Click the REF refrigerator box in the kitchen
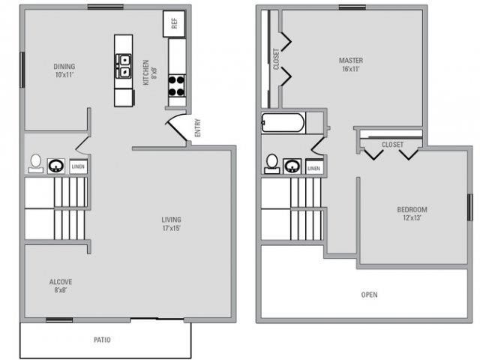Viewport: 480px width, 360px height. click(x=174, y=23)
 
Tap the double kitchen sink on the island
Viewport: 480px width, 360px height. click(x=123, y=65)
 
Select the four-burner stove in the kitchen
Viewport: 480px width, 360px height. click(x=177, y=86)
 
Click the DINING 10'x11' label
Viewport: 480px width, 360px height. click(x=64, y=70)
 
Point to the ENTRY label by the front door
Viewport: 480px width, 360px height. click(x=197, y=127)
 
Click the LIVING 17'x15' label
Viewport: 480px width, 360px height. click(x=172, y=223)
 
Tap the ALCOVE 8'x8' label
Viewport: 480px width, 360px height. click(x=61, y=286)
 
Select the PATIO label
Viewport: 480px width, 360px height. click(x=102, y=340)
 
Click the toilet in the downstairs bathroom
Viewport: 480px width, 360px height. click(x=36, y=163)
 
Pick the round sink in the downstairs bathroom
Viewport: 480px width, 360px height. click(x=56, y=166)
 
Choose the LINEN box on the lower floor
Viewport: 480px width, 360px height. click(x=78, y=166)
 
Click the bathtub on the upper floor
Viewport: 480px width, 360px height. click(x=283, y=123)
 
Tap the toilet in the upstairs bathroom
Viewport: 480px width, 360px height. click(x=271, y=163)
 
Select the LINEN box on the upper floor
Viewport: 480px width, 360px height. click(x=313, y=167)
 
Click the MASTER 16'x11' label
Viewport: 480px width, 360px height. click(x=351, y=64)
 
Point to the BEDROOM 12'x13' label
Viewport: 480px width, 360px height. click(x=412, y=213)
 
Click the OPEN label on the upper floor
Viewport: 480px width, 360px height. click(x=369, y=295)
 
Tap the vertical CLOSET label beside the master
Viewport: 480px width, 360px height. click(x=276, y=58)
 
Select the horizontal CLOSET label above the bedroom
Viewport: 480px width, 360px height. click(x=392, y=144)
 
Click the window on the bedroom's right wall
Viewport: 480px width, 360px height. click(x=470, y=207)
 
